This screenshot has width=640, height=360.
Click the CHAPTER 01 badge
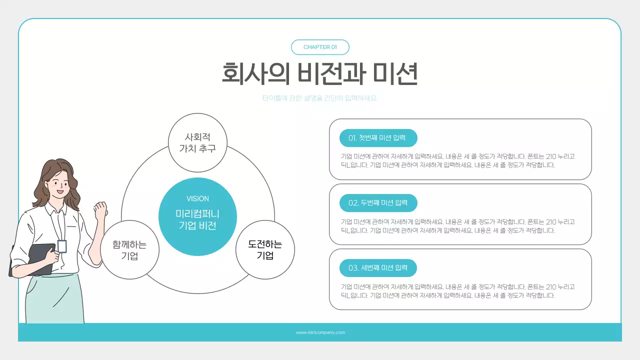coord(320,47)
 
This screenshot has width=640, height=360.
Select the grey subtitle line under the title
coord(320,98)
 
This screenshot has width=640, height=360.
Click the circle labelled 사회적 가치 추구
coord(197,142)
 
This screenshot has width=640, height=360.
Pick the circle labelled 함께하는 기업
coord(129,250)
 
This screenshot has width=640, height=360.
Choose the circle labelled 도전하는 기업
coord(265,250)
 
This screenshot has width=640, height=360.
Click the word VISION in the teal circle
coord(197,198)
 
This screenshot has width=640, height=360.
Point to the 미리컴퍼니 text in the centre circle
coord(197,214)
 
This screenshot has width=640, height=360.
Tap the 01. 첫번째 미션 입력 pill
coord(378,138)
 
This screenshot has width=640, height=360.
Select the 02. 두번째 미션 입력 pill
coord(378,203)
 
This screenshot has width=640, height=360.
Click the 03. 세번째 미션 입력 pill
coord(378,268)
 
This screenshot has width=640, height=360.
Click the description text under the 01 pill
coord(457,160)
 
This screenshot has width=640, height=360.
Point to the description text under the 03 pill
coord(457,291)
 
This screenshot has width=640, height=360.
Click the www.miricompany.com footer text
coord(320,332)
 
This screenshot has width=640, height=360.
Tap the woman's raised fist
coord(101,209)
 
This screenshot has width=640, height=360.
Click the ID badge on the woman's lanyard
coord(62,246)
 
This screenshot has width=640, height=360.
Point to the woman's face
coord(60,182)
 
